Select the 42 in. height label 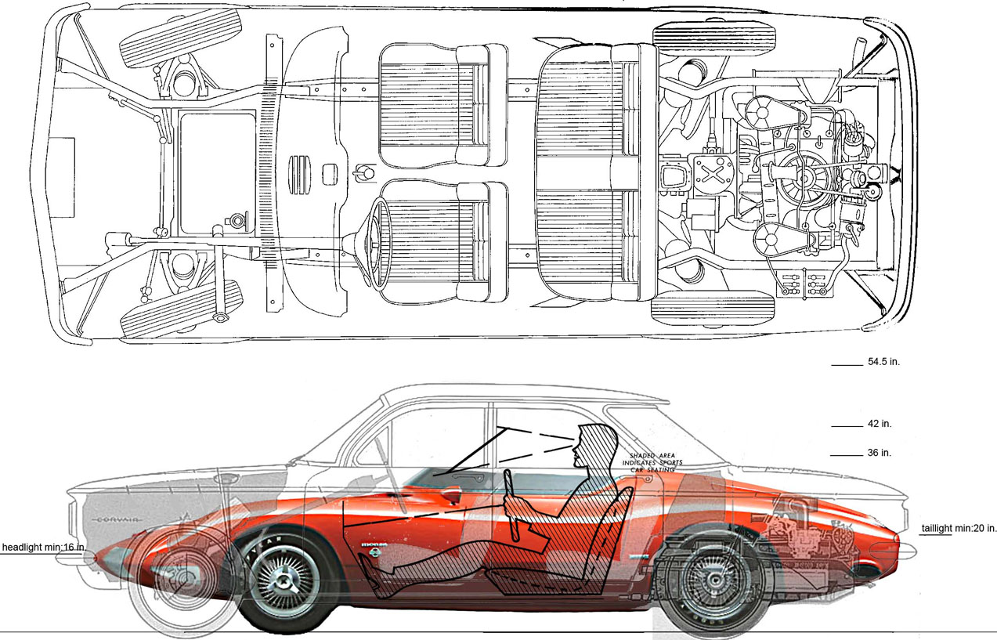click(880, 424)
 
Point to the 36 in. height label click(880, 453)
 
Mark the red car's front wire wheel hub click(280, 582)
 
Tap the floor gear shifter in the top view click(362, 172)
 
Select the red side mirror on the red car click(452, 495)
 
